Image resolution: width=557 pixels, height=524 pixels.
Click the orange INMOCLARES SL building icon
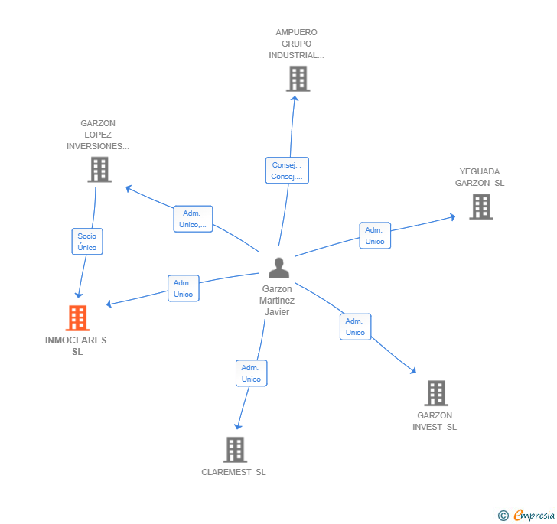pyautogui.click(x=77, y=317)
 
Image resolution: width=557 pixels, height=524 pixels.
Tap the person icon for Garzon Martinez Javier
pyautogui.click(x=278, y=268)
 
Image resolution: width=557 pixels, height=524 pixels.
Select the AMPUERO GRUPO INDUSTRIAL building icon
pyautogui.click(x=298, y=79)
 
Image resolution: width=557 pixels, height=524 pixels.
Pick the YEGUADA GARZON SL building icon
pyautogui.click(x=480, y=207)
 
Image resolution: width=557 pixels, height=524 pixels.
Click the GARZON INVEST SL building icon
pyautogui.click(x=435, y=393)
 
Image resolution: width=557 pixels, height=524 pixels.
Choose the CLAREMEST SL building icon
pyautogui.click(x=235, y=450)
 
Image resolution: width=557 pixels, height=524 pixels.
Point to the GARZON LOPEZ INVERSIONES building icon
pyautogui.click(x=99, y=169)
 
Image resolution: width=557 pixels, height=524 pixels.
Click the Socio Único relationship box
pyautogui.click(x=87, y=242)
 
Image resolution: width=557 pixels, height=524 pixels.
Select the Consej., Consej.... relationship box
pyautogui.click(x=287, y=171)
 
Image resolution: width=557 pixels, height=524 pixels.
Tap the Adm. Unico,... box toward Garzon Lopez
pyautogui.click(x=193, y=219)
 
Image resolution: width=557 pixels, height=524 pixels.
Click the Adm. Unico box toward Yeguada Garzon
pyautogui.click(x=375, y=236)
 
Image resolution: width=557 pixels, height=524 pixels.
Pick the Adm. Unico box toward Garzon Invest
pyautogui.click(x=355, y=327)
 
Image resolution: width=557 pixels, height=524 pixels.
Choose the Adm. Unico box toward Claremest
pyautogui.click(x=251, y=373)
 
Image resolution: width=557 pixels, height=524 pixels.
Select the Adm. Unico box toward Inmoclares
pyautogui.click(x=183, y=288)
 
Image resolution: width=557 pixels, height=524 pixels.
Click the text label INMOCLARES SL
pyautogui.click(x=77, y=346)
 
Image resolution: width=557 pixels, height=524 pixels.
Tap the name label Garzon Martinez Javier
pyautogui.click(x=277, y=301)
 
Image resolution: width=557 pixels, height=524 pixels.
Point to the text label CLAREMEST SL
pyautogui.click(x=233, y=472)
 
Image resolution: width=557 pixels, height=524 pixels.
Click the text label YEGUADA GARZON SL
pyautogui.click(x=480, y=177)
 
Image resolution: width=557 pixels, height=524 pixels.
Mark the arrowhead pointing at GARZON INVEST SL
pyautogui.click(x=413, y=371)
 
